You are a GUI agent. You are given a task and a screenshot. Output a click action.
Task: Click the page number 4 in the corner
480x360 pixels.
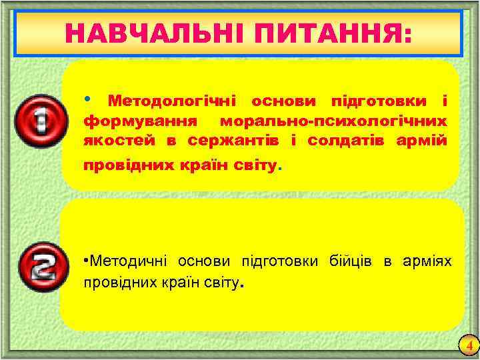tap(469, 346)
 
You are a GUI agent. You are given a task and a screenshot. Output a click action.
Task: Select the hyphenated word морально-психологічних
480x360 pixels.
tap(333, 123)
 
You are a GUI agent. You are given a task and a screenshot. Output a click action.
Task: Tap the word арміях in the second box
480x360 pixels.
tap(427, 259)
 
